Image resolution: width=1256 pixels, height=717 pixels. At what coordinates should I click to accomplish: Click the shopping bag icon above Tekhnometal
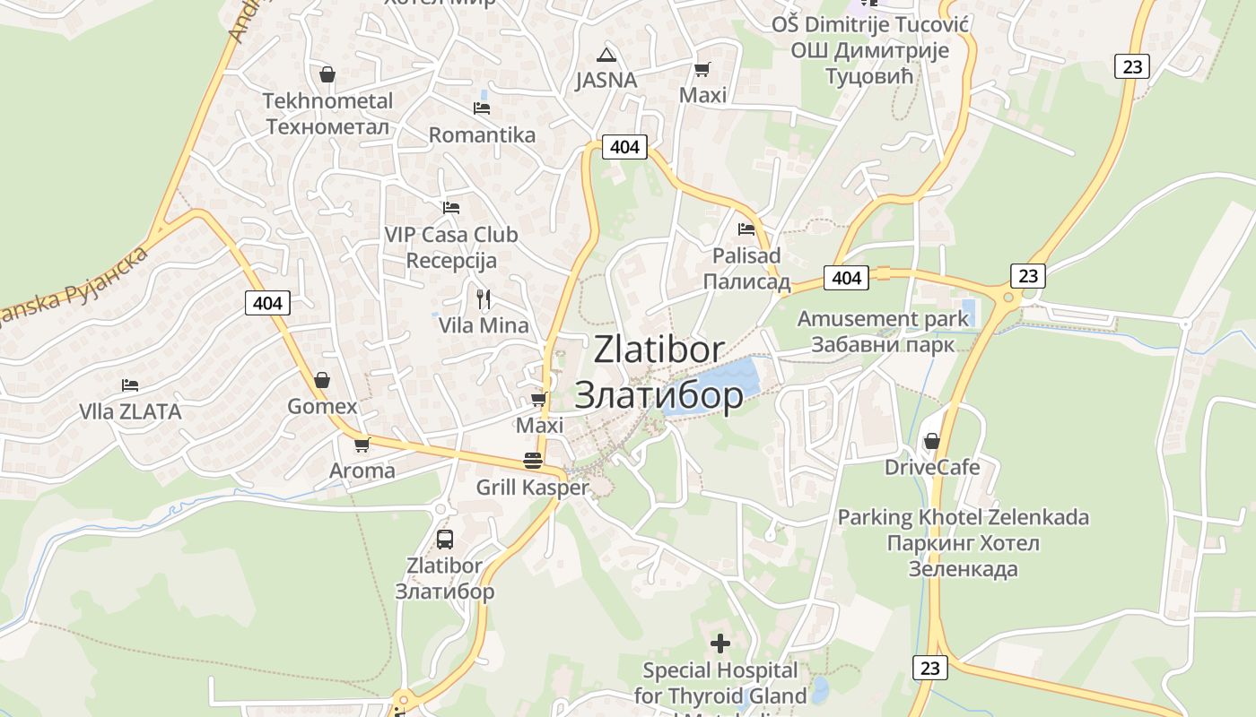click(x=327, y=74)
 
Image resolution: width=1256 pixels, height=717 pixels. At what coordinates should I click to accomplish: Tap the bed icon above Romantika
click(x=482, y=108)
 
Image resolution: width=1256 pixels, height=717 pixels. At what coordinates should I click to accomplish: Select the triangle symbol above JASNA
click(x=606, y=54)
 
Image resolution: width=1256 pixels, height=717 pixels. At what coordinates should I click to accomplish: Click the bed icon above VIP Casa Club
click(x=451, y=208)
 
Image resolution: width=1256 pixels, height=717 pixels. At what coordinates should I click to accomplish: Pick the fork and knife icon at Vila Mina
click(x=484, y=298)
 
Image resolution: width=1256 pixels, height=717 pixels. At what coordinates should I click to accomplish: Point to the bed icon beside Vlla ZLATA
click(x=130, y=385)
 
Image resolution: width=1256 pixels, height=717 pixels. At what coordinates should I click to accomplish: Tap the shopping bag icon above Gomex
click(x=322, y=381)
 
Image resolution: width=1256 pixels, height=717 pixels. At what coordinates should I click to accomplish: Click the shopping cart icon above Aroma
click(x=362, y=445)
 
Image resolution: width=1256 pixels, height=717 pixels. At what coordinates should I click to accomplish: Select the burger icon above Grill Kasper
click(x=533, y=462)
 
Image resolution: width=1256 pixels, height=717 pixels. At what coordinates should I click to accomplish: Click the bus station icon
click(x=445, y=540)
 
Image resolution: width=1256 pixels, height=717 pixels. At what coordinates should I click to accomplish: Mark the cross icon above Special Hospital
click(x=720, y=644)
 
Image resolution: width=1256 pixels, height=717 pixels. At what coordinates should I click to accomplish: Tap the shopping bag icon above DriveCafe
click(x=932, y=441)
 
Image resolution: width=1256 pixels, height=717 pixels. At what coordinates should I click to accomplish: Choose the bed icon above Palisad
click(x=746, y=229)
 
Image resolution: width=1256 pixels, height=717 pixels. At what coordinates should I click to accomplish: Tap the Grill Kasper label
click(x=532, y=488)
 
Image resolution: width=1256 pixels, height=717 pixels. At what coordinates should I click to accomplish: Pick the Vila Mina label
click(x=484, y=325)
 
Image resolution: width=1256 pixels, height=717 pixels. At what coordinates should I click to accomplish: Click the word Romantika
click(x=482, y=135)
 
